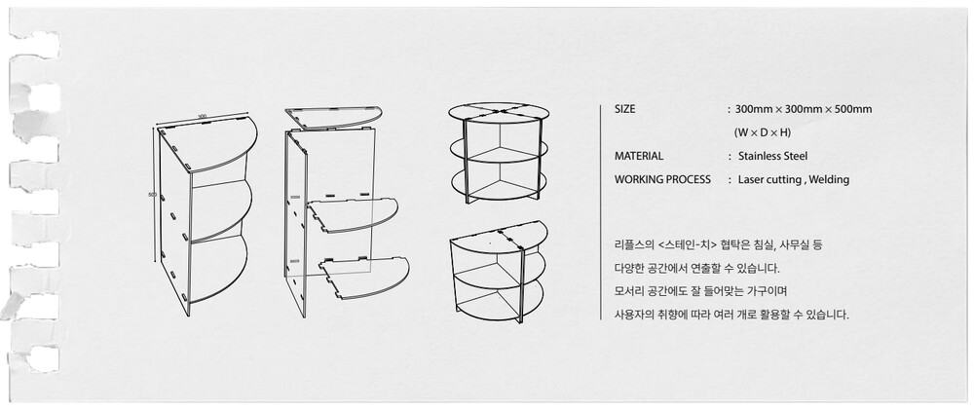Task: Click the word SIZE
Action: pos(625,109)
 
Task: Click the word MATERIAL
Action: pos(639,156)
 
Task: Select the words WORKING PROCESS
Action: pos(662,179)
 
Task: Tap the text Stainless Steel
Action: pos(772,156)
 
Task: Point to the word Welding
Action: pos(829,179)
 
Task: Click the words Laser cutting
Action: pos(769,179)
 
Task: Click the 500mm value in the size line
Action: pos(853,109)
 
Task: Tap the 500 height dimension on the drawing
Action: pos(152,195)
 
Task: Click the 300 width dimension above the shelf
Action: pos(202,117)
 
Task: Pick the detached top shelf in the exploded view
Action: pos(333,118)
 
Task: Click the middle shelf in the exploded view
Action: pos(351,215)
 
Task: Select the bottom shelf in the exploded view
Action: pos(363,277)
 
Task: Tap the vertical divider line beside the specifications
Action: pos(600,212)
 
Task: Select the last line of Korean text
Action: pos(731,315)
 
